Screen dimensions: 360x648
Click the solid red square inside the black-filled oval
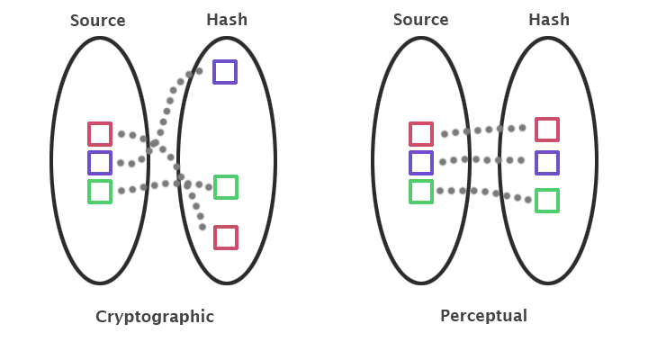100,134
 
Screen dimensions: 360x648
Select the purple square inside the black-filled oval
100,163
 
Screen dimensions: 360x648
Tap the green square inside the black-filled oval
100,192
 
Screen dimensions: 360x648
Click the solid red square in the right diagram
546,130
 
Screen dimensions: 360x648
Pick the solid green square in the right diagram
546,201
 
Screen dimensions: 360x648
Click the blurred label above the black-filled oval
97,20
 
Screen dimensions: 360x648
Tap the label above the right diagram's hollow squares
420,19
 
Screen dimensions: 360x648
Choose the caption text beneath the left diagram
155,315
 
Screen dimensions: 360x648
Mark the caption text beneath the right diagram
486,315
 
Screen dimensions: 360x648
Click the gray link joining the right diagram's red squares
484,132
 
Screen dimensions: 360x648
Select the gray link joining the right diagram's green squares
484,193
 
